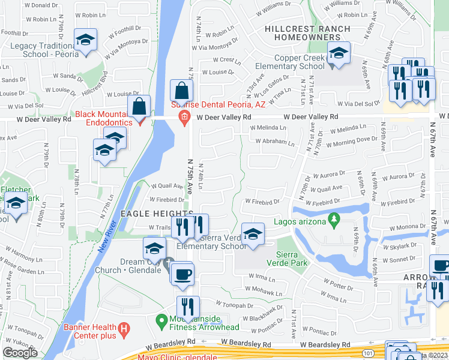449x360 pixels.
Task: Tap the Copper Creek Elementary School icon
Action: (339, 54)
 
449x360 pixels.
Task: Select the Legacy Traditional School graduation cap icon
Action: (85, 40)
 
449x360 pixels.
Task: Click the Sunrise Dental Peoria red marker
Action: (185, 116)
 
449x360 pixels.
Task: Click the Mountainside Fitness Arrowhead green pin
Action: (161, 322)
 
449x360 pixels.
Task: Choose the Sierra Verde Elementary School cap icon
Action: (253, 235)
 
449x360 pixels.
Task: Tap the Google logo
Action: (20, 353)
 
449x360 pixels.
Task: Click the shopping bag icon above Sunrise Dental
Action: (181, 92)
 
